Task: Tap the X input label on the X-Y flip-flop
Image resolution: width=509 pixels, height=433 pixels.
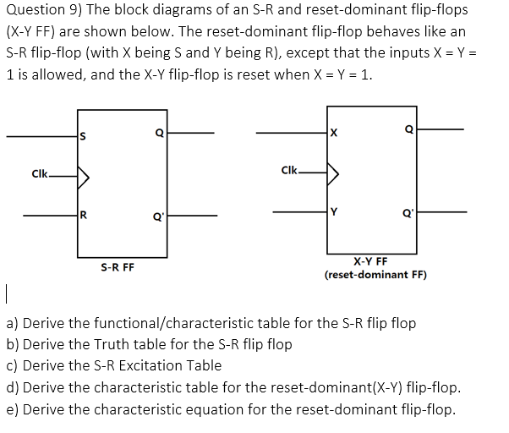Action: click(x=334, y=133)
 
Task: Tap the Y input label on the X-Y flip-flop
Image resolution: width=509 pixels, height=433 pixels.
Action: click(x=334, y=212)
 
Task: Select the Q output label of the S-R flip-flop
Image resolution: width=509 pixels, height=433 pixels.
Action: click(x=159, y=133)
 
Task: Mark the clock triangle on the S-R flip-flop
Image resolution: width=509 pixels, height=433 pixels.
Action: click(x=84, y=177)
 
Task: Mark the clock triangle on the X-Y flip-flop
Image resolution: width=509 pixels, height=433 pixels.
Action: click(x=335, y=173)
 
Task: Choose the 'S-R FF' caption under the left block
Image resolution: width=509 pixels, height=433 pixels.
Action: click(x=117, y=267)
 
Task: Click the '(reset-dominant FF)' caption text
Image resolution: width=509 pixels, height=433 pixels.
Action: click(x=375, y=275)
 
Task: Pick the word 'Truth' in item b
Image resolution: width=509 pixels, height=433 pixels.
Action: click(x=134, y=344)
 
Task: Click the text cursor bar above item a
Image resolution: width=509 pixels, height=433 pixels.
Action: click(x=6, y=296)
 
